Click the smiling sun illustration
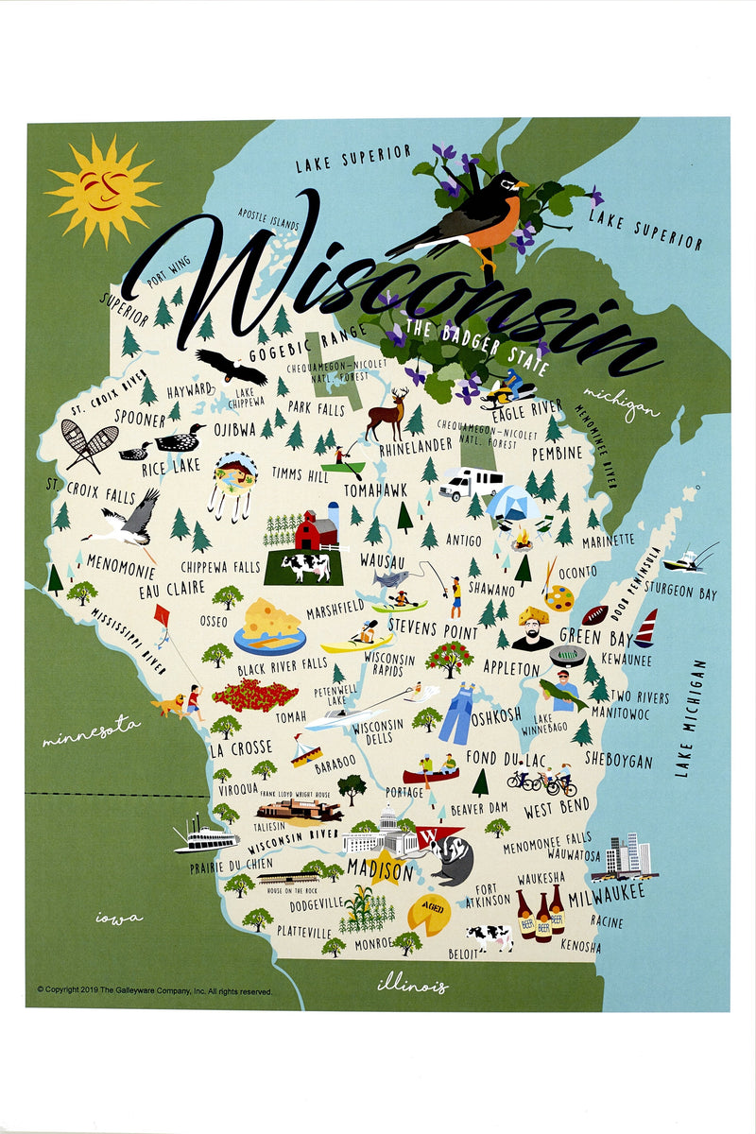(102, 190)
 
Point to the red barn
(317, 532)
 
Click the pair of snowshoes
(86, 445)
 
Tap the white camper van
(472, 484)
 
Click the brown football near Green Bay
(594, 614)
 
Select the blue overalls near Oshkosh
(457, 714)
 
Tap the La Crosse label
(240, 749)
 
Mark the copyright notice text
(154, 990)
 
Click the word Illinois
(412, 985)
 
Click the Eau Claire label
(159, 589)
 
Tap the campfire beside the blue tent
(521, 540)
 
